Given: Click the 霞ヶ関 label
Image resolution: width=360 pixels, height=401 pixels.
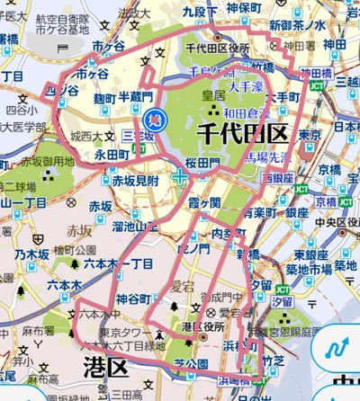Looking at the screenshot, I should pyautogui.click(x=203, y=205).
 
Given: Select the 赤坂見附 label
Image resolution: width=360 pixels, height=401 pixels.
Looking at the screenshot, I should pyautogui.click(x=135, y=180).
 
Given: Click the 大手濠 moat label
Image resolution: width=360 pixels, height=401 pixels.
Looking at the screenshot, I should pyautogui.click(x=245, y=87).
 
